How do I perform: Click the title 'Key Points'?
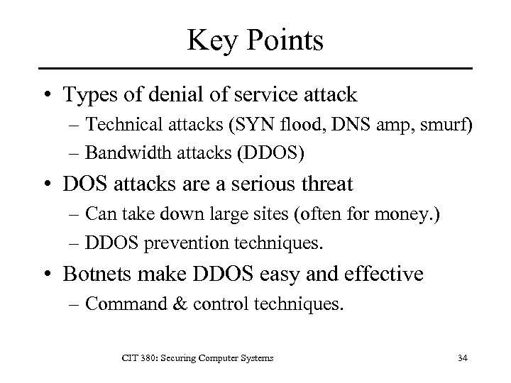click(255, 40)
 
